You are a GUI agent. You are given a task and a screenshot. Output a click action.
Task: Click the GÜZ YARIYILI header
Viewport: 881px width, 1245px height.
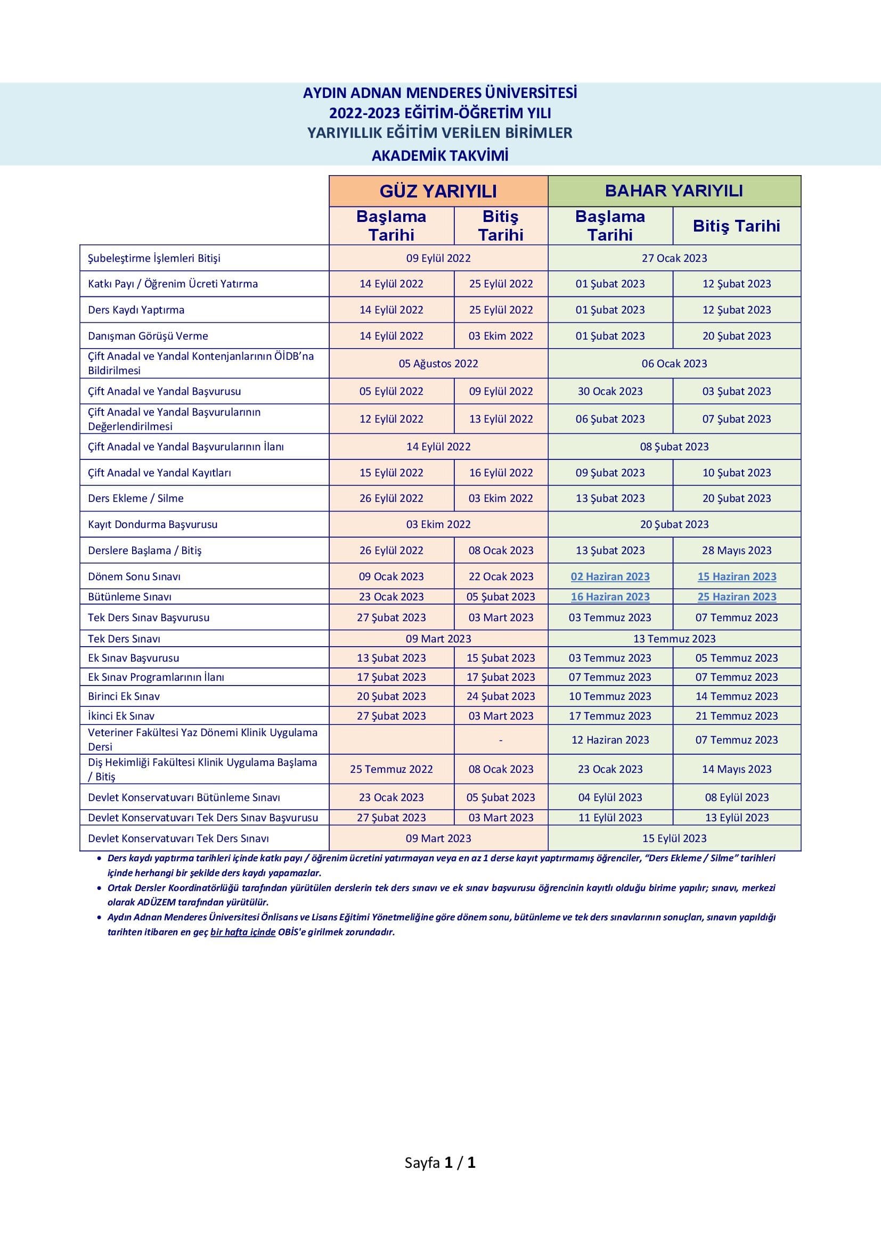point(438,191)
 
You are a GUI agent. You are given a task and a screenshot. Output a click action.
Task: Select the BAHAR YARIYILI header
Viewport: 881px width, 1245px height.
point(674,191)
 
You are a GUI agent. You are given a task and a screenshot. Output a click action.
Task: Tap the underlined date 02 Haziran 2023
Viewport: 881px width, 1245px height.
point(610,576)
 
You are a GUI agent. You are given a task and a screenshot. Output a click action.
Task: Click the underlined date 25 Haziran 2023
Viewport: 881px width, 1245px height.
point(736,597)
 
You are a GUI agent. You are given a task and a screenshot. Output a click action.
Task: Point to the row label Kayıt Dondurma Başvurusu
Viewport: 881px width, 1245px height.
point(152,524)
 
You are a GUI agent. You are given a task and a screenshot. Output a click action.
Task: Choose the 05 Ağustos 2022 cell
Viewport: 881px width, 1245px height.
point(438,364)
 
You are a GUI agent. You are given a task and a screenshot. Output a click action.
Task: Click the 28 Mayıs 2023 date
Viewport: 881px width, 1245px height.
point(736,550)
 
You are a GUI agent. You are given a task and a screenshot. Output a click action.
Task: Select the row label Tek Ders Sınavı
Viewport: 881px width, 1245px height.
point(124,639)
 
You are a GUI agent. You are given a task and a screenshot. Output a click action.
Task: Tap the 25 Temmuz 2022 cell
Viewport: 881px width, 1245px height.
point(391,769)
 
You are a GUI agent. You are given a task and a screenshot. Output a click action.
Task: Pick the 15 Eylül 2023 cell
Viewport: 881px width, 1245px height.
point(674,838)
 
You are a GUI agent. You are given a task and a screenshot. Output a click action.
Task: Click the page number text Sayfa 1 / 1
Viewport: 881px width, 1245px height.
point(440,1162)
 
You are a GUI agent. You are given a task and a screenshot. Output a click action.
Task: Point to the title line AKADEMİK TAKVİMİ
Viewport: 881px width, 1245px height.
point(440,155)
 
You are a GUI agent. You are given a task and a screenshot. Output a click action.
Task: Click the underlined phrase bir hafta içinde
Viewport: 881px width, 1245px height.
point(242,932)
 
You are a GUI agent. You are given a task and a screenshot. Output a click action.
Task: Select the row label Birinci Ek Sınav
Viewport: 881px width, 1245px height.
point(124,696)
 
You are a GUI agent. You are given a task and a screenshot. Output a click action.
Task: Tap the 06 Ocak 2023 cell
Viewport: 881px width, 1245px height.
point(674,364)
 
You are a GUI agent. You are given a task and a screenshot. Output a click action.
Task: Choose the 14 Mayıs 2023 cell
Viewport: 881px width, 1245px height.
point(736,769)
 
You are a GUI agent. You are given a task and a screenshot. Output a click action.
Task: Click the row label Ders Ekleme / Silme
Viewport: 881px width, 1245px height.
point(136,498)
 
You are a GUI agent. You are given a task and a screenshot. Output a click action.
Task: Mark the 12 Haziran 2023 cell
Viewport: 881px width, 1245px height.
point(610,740)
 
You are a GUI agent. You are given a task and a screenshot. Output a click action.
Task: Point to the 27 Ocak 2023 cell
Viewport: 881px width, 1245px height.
point(674,258)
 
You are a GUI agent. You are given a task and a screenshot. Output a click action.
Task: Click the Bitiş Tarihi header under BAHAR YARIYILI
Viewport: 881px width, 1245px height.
point(736,226)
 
